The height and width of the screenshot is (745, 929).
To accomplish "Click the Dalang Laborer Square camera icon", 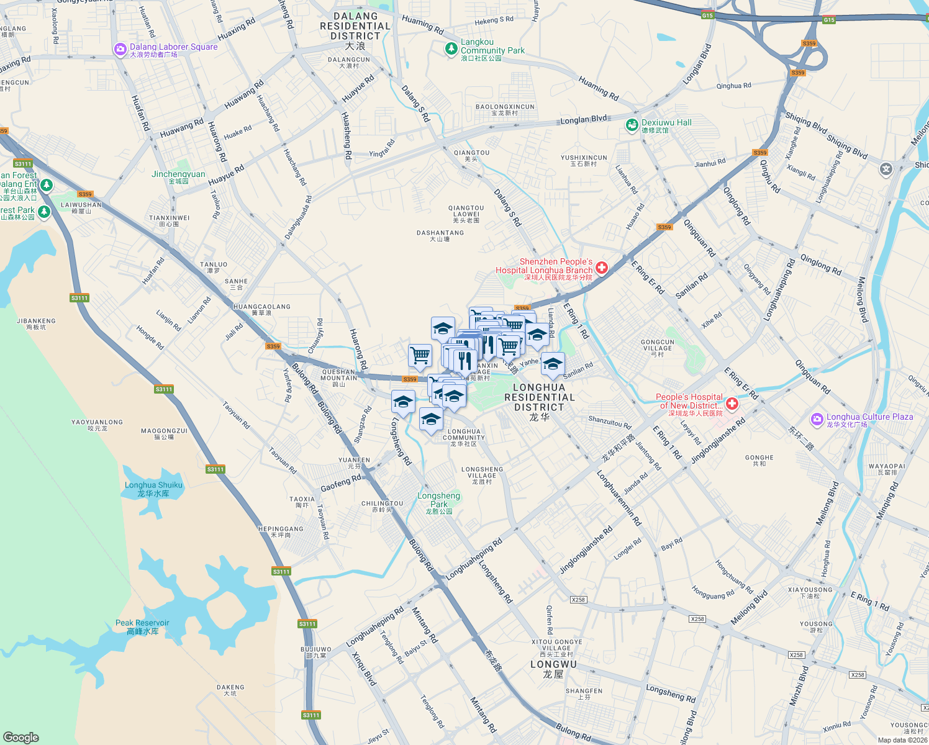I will point(120,50).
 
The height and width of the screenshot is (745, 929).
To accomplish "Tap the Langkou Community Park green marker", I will point(451,48).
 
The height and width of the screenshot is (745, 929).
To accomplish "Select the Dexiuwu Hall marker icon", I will point(632,125).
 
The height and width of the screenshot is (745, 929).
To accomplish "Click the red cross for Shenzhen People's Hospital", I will point(601,268).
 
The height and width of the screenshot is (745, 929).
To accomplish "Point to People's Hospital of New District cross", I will point(732,404).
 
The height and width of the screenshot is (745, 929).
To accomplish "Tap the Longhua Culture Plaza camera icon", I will point(817,420).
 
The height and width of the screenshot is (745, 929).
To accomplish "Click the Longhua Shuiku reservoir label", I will point(153,489).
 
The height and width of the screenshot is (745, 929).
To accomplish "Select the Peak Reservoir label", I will point(142,626).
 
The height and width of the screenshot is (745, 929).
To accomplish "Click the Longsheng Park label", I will point(438,503).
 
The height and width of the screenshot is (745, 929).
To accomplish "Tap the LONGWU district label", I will point(553,668).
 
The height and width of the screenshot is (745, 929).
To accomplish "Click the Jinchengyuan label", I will point(178,177).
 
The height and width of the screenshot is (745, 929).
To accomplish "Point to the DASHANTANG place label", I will point(440,235).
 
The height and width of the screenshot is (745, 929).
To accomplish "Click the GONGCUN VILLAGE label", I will point(657,348).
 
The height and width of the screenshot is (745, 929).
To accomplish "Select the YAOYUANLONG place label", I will point(97,425).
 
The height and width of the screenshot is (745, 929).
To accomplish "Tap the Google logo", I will point(20,737).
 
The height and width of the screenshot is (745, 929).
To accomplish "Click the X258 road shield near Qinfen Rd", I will point(578,599).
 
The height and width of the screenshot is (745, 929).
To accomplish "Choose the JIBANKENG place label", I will point(36,323).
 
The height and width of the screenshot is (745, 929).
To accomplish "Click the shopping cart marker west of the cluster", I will point(420,356).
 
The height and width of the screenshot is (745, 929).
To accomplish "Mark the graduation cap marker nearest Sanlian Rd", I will point(552,364).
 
